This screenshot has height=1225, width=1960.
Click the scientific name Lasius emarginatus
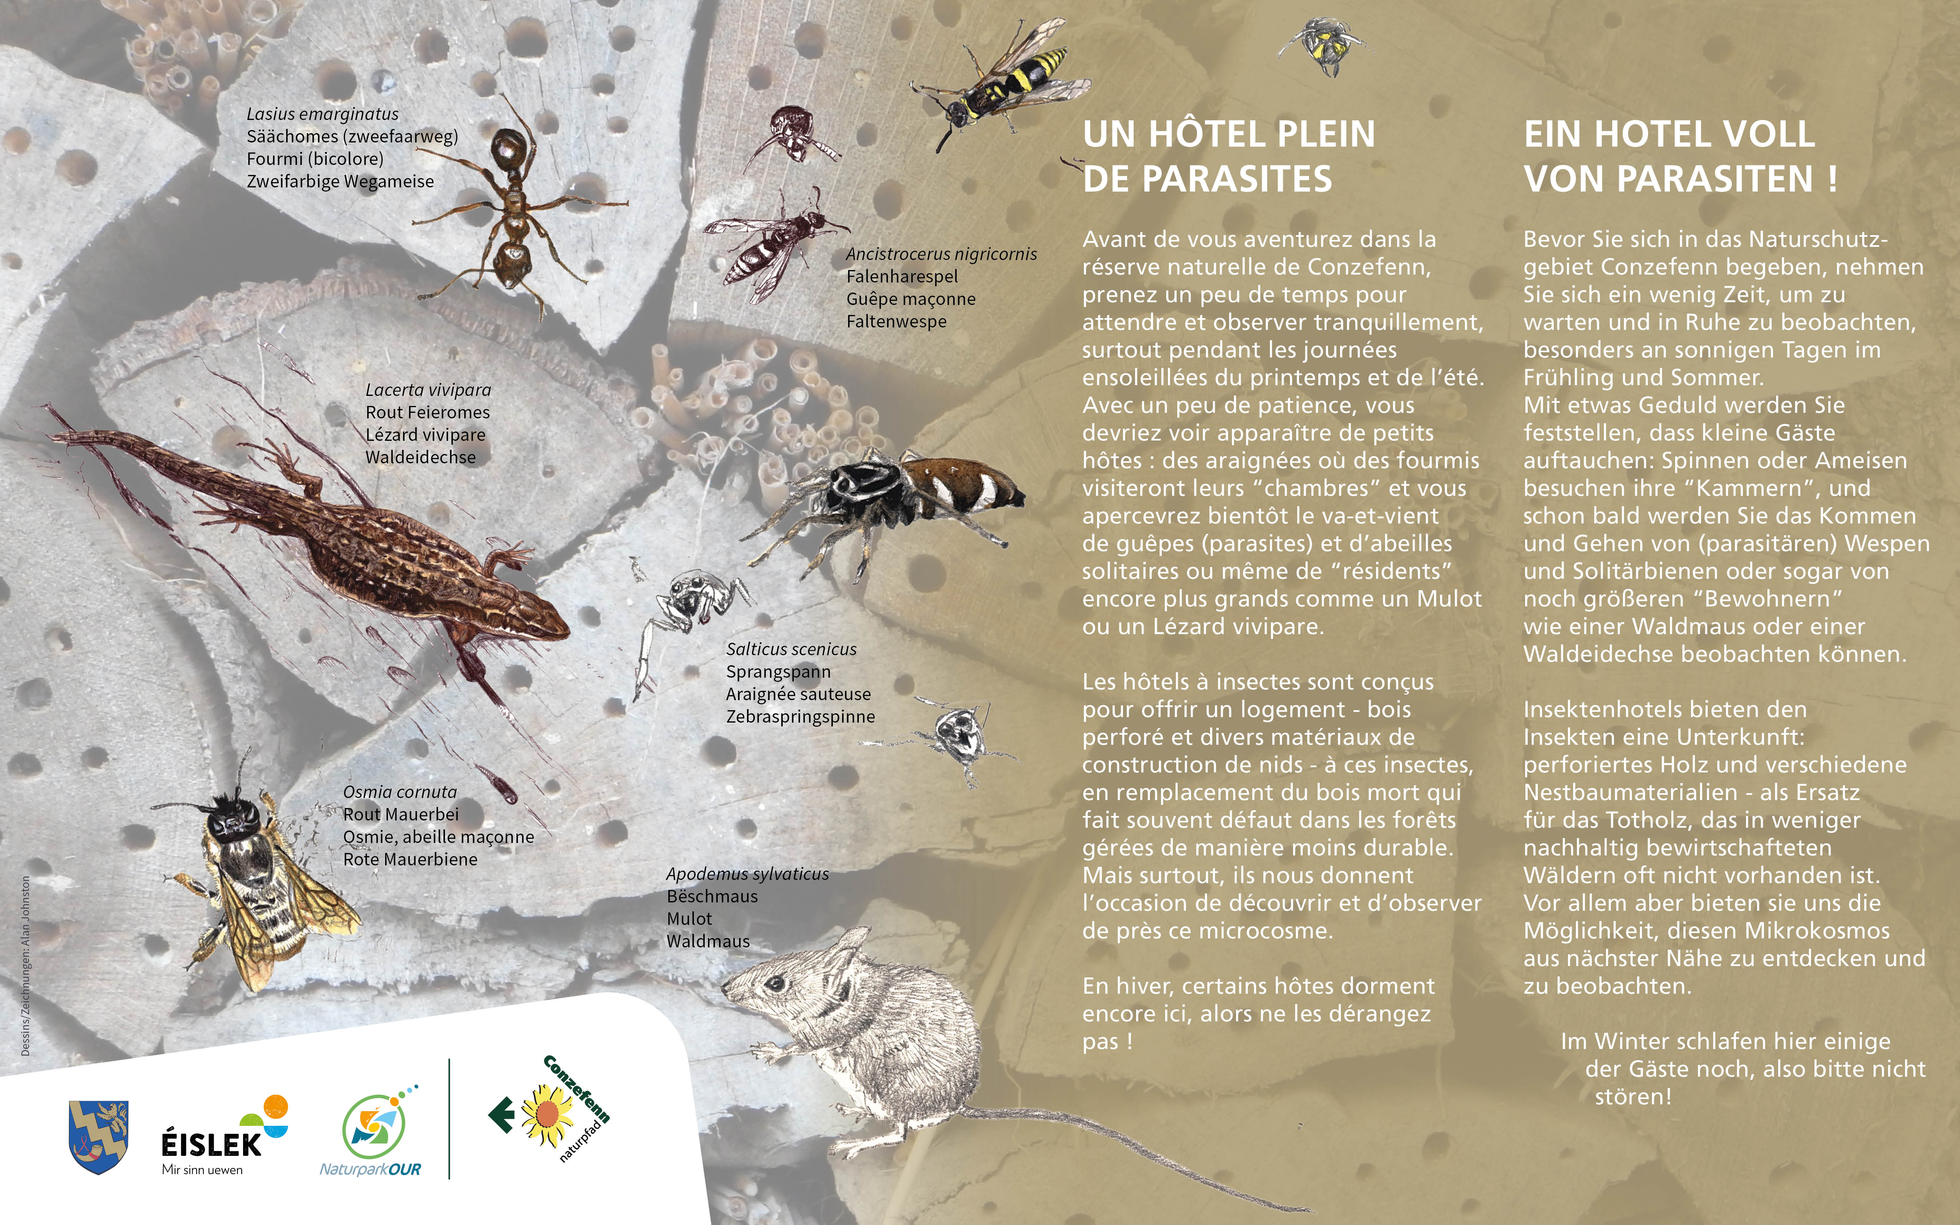point(322,114)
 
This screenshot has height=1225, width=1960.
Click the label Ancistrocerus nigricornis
point(941,253)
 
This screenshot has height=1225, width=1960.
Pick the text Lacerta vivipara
point(428,390)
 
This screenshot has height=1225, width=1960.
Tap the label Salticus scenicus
point(791,649)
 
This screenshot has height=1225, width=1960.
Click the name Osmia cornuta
point(400,791)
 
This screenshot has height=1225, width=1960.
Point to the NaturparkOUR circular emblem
point(371,1126)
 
